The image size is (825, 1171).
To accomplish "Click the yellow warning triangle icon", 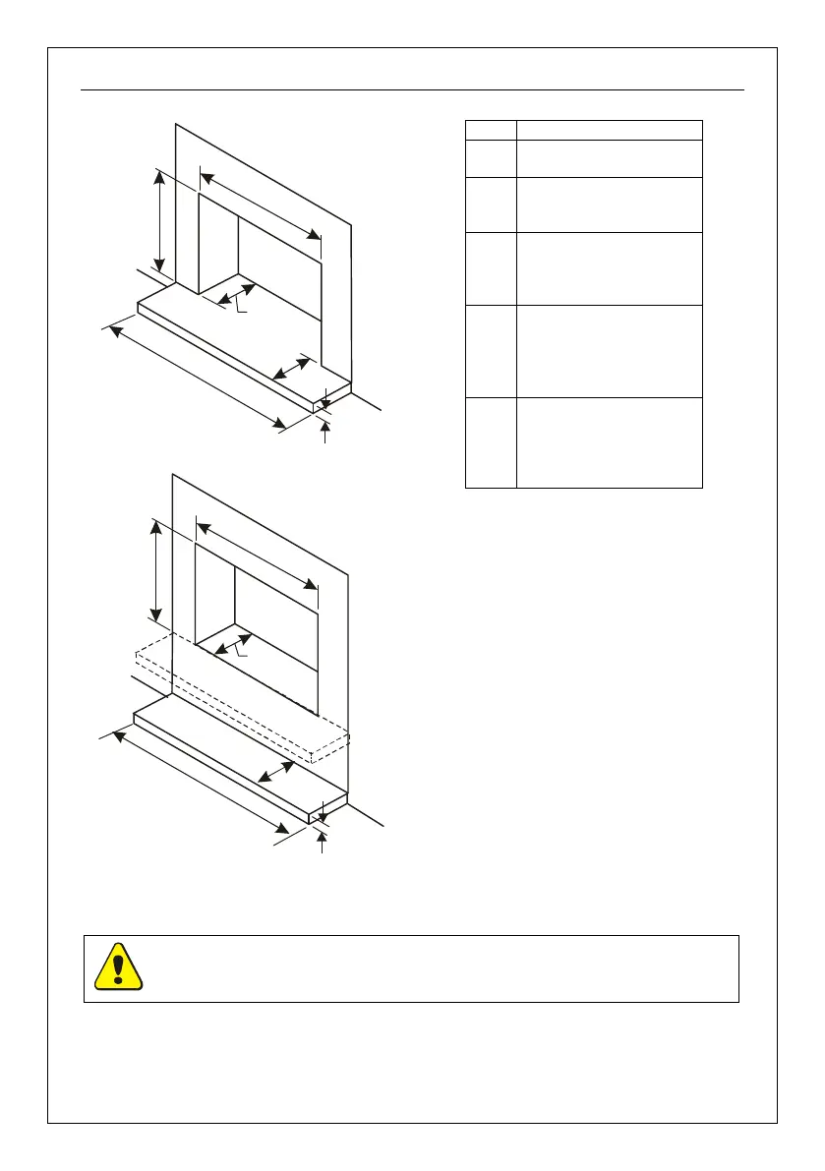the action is pos(118,966).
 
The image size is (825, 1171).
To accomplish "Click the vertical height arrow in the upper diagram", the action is pos(158,218).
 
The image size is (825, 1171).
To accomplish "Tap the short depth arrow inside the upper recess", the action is pos(236,294).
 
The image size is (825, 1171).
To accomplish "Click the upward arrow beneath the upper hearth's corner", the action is pos(326,432).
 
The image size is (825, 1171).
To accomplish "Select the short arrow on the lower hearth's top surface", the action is pos(276,772).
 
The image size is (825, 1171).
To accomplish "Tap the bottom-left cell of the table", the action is pos(491,442).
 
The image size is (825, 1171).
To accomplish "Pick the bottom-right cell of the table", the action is pos(609,442).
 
